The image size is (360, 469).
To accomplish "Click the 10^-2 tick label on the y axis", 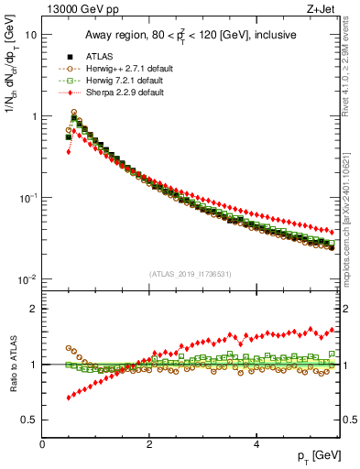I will coord(27,279).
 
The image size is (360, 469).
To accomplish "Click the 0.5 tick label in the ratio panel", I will coord(29,420).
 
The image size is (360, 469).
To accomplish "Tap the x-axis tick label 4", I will coord(256,443).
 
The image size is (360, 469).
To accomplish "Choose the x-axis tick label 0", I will coord(43,443).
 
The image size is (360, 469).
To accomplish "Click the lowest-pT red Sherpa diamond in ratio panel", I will coord(69,398).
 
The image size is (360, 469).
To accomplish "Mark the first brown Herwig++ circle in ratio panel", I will coord(69,348).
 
